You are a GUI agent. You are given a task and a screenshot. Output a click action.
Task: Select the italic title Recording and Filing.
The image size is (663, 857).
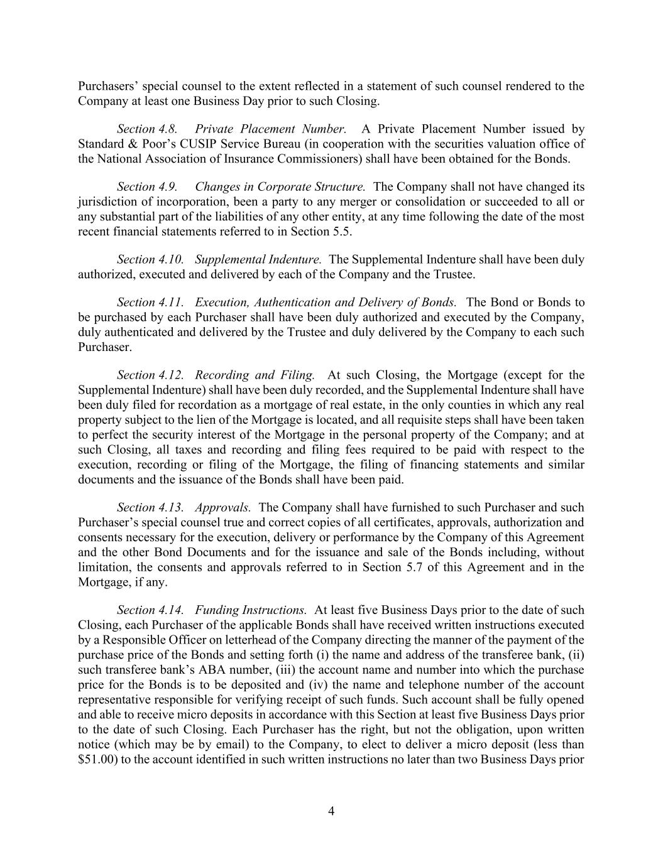(255, 375)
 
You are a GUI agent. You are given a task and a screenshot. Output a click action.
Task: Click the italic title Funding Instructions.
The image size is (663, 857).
(251, 610)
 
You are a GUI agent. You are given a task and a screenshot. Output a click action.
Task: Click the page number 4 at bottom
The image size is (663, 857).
(331, 812)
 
